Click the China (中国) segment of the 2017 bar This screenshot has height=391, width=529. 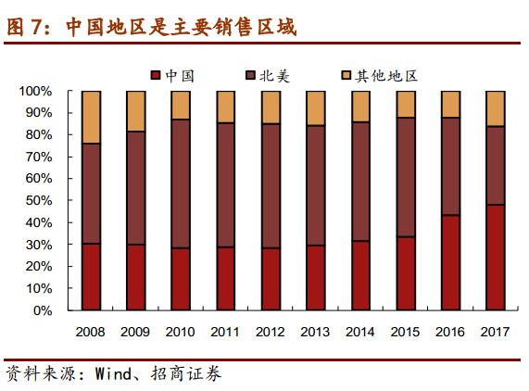[x=496, y=258]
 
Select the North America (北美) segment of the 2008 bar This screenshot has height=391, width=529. [x=91, y=194]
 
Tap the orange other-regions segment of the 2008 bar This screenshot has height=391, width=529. [x=91, y=117]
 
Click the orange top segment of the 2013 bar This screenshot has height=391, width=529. [x=316, y=107]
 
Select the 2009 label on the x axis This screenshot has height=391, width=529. [x=135, y=331]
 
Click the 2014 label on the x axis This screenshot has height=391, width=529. [x=360, y=331]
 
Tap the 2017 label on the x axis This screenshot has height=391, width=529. [x=496, y=331]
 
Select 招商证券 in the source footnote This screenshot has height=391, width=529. [x=191, y=374]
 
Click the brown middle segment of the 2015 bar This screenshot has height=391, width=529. [x=406, y=177]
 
